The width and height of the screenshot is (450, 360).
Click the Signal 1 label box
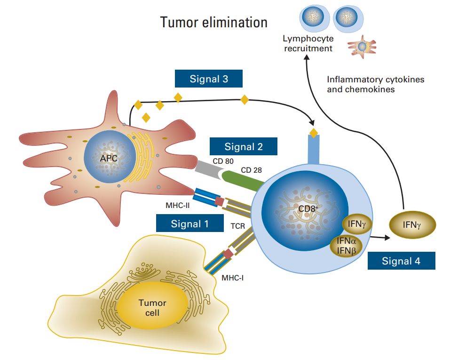pos(189,224)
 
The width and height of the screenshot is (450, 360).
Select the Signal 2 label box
pos(243,146)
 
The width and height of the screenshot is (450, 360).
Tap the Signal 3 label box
pos(209,79)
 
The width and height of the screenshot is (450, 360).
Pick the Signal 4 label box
pos(401,261)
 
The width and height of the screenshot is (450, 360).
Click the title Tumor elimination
pos(214,22)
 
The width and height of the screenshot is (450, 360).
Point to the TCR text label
pos(237,225)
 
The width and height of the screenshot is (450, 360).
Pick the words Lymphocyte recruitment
pos(308,44)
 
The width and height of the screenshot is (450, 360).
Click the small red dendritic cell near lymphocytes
pos(362,47)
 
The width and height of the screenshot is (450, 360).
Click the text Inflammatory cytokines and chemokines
pos(375,84)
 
